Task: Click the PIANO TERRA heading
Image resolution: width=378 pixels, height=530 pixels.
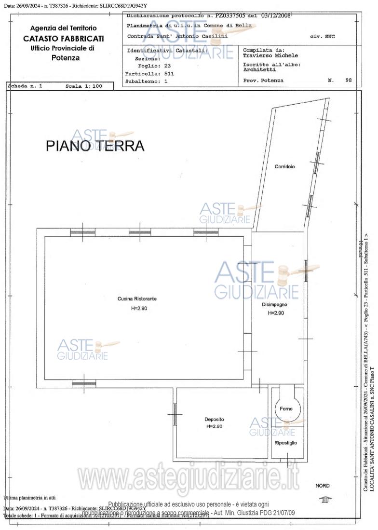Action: click(x=95, y=146)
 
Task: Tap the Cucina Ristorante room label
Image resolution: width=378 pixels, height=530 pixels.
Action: click(x=137, y=299)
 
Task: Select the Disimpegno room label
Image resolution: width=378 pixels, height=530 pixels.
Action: click(x=275, y=305)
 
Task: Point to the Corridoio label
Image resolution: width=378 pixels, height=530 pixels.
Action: click(x=284, y=166)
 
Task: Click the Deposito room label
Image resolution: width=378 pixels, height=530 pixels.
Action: click(x=214, y=419)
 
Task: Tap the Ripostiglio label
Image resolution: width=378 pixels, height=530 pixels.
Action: click(x=286, y=443)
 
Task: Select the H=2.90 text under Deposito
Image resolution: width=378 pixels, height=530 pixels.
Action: click(x=214, y=427)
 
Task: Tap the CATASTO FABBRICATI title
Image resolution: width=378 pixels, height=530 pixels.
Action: click(x=63, y=39)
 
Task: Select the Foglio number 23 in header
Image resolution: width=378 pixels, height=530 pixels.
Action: click(x=167, y=66)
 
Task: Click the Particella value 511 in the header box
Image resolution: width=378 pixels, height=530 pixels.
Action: click(x=169, y=74)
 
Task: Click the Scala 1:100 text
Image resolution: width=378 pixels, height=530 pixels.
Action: click(x=84, y=86)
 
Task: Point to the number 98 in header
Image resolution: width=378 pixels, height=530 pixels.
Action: click(x=349, y=81)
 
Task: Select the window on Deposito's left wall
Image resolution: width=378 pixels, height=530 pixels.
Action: click(x=175, y=414)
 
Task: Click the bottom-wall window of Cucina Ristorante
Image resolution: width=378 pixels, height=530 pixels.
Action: click(x=84, y=383)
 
